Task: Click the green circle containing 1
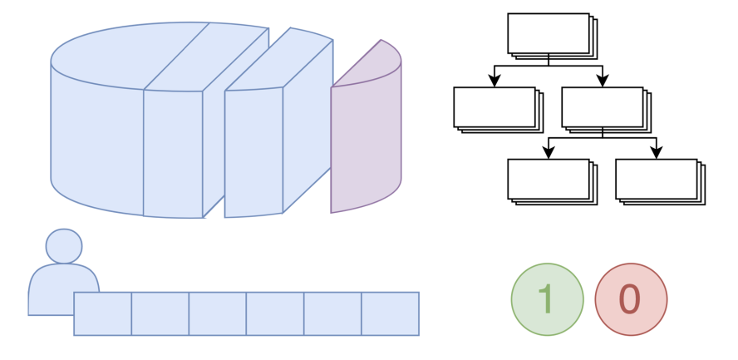[547, 299]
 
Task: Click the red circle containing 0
[631, 299]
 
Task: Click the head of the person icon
[64, 246]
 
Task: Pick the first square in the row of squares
[103, 313]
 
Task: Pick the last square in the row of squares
[390, 313]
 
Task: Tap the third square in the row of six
[218, 313]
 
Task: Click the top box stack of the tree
[549, 34]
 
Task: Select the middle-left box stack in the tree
[495, 108]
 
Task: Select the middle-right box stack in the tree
[603, 108]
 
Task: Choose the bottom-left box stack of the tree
[549, 180]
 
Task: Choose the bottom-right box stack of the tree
[657, 180]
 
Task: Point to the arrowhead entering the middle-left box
[494, 81]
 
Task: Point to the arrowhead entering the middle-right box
[603, 81]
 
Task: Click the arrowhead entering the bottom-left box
[549, 153]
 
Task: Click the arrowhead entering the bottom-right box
[657, 153]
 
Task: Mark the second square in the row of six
[160, 313]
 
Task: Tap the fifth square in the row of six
[332, 313]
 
